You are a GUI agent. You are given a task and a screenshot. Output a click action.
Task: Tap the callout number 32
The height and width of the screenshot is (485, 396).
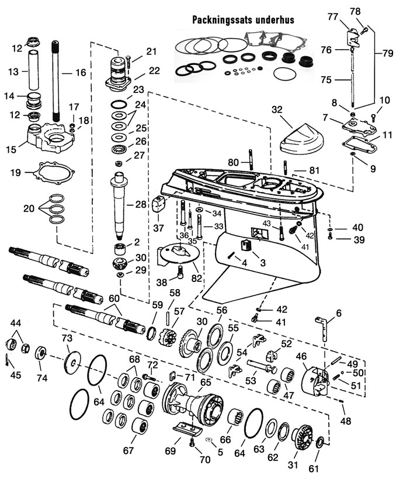click(277, 110)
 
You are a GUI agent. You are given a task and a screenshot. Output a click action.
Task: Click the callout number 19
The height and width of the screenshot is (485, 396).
click(16, 173)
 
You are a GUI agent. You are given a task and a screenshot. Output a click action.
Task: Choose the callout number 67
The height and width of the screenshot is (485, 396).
click(128, 450)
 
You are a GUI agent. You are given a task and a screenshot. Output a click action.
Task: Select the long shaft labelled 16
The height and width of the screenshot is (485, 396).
click(57, 82)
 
